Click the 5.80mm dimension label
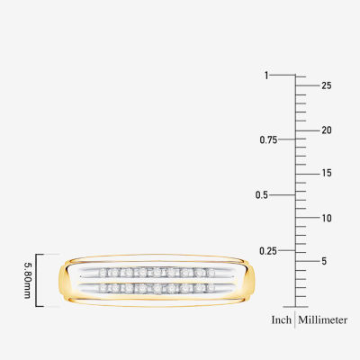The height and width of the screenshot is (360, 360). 27,281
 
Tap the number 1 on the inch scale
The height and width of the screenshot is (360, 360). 266,76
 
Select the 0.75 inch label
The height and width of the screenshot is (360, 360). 268,139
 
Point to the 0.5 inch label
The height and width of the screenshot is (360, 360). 262,195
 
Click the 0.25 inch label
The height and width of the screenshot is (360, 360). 268,251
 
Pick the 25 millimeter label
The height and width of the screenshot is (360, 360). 327,85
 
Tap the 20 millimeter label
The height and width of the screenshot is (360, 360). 327,130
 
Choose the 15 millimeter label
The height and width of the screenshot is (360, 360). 327,173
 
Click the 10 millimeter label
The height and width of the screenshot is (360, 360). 327,218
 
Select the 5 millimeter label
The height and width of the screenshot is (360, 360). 324,261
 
